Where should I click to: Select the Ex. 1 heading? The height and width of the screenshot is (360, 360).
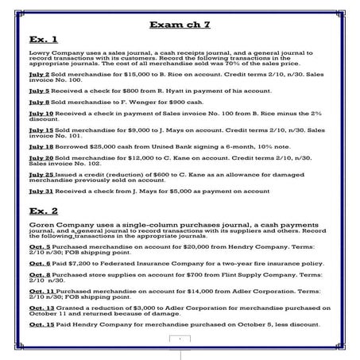(41, 38)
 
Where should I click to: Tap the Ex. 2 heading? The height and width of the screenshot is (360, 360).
(41, 213)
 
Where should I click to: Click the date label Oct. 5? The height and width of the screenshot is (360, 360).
(39, 247)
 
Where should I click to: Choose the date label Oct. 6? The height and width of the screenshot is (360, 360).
(39, 262)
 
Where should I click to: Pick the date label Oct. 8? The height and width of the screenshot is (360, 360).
(39, 275)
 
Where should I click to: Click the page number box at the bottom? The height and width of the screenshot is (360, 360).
(180, 340)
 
